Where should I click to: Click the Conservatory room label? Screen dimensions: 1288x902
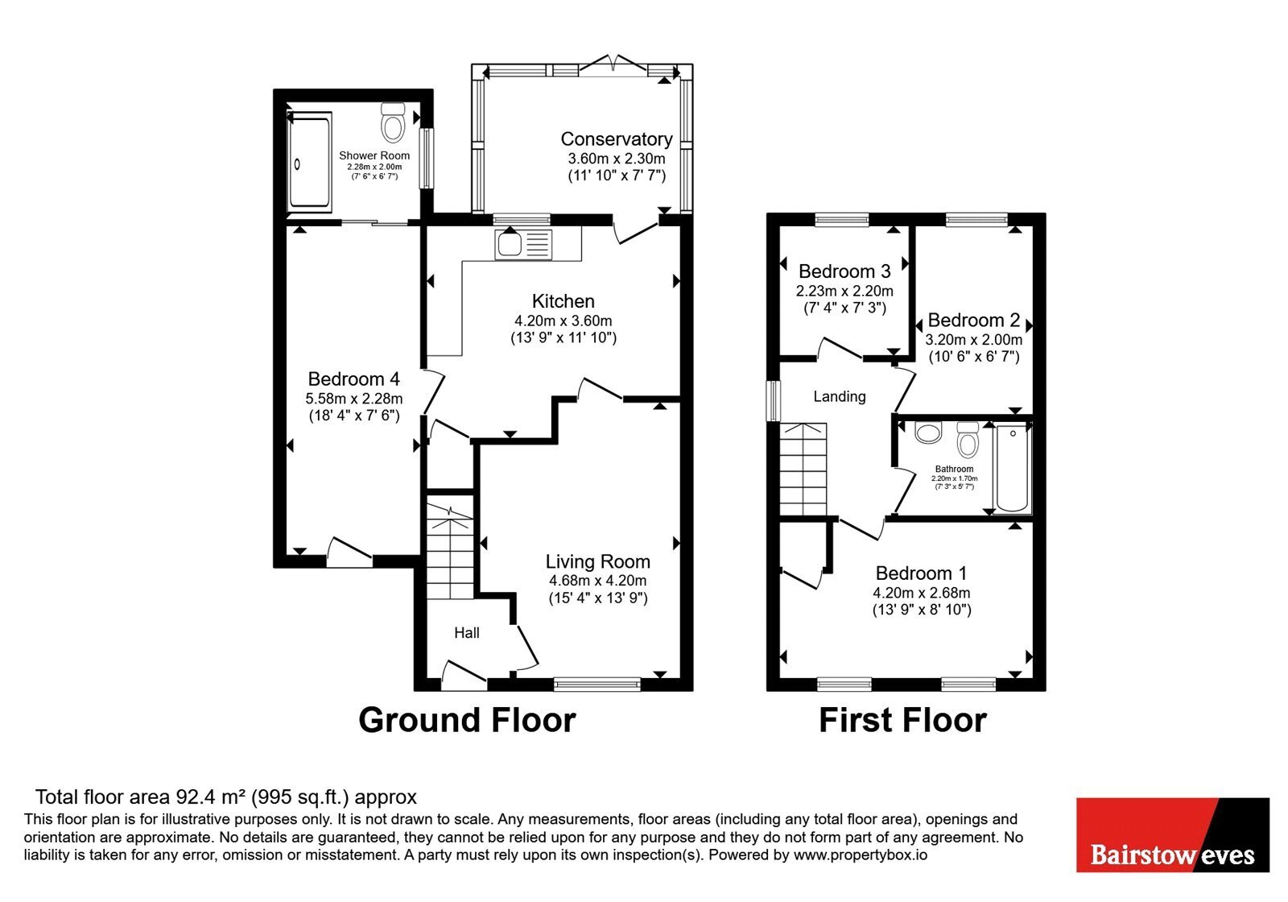click(617, 139)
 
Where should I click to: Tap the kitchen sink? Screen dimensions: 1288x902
click(522, 245)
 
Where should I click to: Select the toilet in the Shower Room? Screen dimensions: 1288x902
click(393, 122)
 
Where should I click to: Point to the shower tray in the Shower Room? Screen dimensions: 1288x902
click(309, 162)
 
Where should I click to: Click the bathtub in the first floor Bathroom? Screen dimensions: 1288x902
click(1012, 468)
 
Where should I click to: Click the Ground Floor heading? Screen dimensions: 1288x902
click(467, 720)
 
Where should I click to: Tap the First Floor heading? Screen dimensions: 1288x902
click(902, 720)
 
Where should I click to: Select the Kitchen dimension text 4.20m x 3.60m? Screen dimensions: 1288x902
click(563, 321)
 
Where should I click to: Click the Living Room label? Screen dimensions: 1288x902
click(598, 561)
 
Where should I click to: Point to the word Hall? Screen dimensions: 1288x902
click(467, 633)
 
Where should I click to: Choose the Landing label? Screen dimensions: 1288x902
click(840, 396)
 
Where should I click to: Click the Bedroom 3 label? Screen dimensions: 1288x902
click(844, 271)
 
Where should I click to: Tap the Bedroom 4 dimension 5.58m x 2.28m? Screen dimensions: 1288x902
click(354, 398)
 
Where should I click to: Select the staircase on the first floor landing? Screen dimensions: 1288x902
click(803, 470)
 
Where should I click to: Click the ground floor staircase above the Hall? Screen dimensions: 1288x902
click(450, 552)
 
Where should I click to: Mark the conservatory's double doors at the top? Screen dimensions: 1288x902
click(614, 64)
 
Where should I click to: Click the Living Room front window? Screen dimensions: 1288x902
click(597, 684)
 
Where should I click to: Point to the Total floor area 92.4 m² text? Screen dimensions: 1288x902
click(226, 796)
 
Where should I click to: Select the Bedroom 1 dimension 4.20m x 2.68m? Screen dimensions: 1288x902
click(922, 593)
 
